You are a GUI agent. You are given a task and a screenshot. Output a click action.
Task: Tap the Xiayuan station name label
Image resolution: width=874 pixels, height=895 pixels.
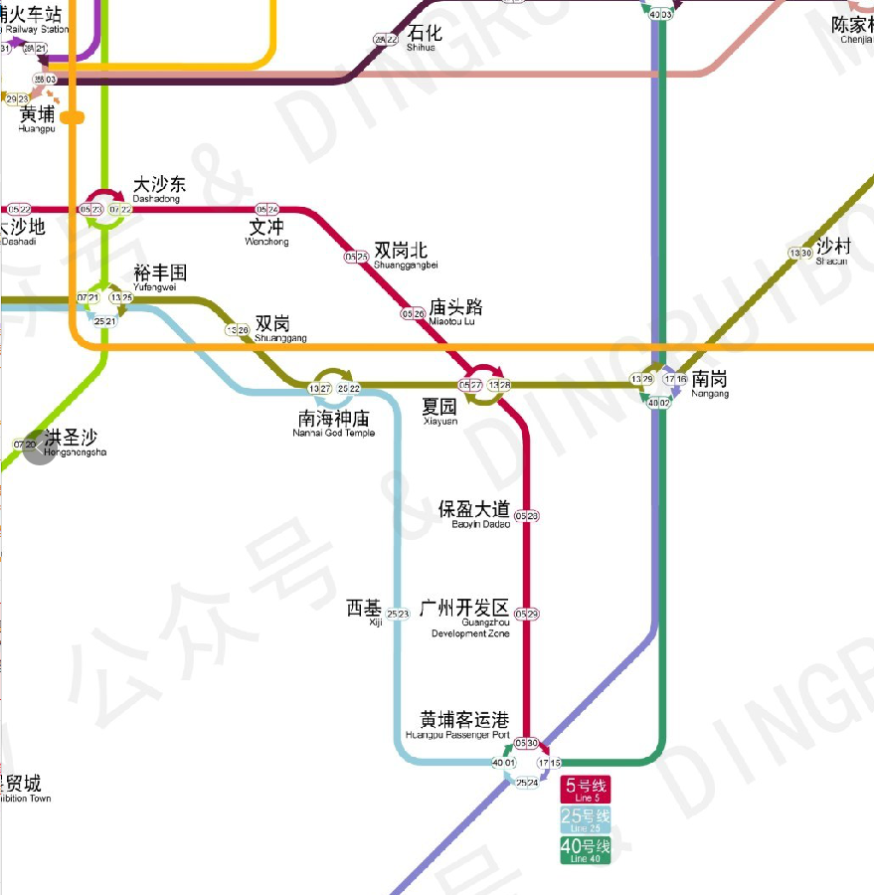point(439,411)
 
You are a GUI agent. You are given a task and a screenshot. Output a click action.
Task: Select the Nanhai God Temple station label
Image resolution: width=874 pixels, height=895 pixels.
point(334,423)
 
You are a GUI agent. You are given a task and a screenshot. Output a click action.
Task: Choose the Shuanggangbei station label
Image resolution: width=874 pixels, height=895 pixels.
point(406,255)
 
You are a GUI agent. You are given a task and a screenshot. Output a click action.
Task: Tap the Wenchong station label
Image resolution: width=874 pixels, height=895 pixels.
point(267,232)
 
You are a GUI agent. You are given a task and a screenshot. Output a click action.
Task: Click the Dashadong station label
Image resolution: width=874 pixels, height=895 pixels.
point(159,189)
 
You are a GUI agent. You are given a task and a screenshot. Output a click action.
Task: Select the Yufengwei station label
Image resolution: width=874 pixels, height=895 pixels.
point(160,276)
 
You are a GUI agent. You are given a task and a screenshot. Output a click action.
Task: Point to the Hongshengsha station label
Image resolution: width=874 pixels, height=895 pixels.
point(73,443)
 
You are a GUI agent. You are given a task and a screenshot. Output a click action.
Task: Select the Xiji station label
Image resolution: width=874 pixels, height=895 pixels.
point(364,611)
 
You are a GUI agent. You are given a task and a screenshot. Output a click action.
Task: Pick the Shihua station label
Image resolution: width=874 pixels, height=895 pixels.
point(421,39)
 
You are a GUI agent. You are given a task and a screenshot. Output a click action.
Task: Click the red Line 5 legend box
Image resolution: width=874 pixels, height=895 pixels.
point(586,790)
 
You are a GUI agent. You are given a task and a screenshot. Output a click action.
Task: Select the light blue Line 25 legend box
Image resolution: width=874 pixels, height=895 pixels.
point(586,819)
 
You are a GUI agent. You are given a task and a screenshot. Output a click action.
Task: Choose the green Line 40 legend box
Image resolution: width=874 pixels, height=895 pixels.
point(586,850)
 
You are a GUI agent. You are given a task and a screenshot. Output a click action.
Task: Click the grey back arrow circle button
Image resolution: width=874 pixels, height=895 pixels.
point(40,448)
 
